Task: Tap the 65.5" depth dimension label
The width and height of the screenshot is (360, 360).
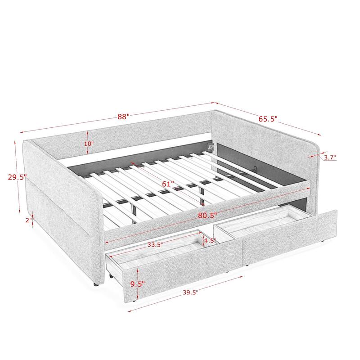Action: pyautogui.click(x=268, y=119)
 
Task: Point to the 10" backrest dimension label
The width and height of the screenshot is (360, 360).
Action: pyautogui.click(x=88, y=144)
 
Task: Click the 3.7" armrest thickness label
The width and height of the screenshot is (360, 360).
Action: pyautogui.click(x=329, y=157)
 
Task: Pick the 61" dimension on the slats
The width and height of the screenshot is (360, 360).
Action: pyautogui.click(x=168, y=184)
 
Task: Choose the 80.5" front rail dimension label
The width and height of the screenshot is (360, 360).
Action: pyautogui.click(x=207, y=215)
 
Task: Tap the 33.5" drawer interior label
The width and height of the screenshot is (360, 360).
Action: pyautogui.click(x=154, y=245)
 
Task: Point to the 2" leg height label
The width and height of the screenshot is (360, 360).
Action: pyautogui.click(x=28, y=220)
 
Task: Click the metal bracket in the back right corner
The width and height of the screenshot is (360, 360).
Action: pyautogui.click(x=210, y=146)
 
